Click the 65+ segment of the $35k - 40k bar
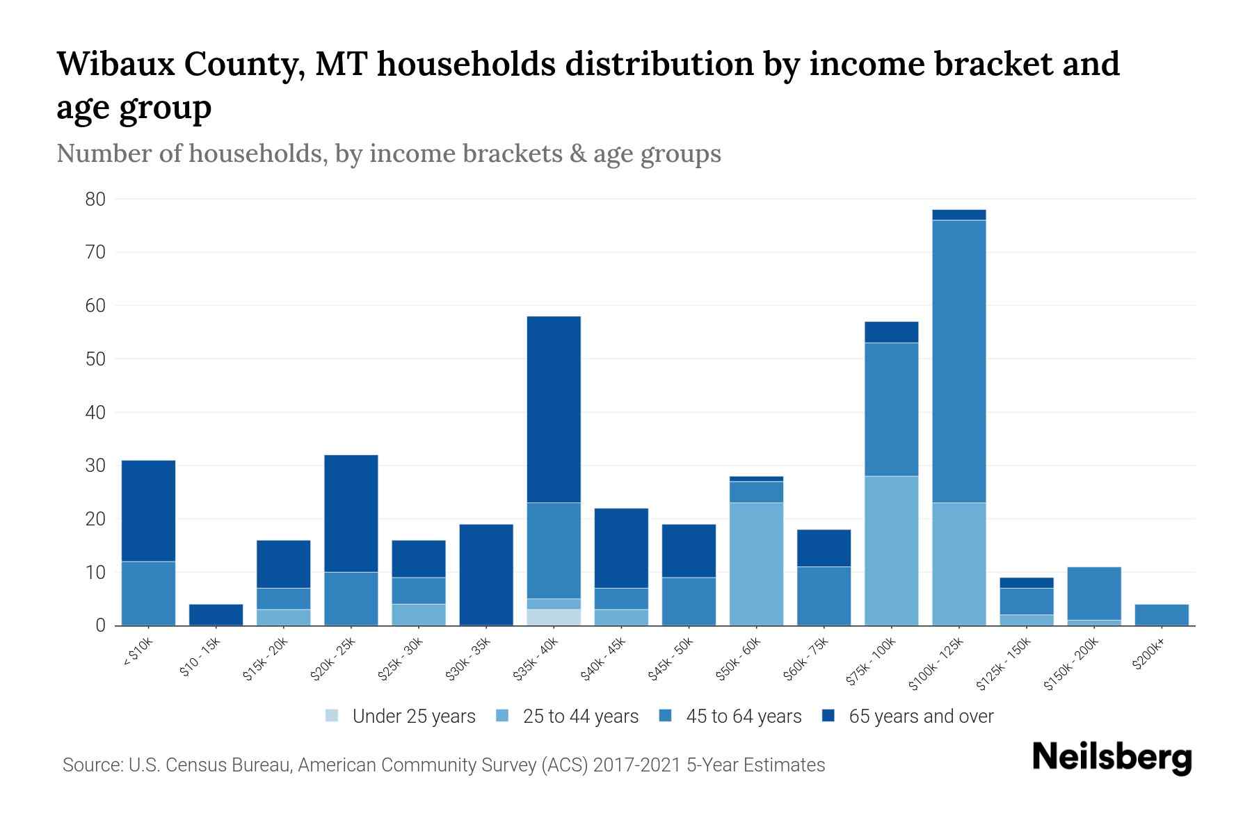[x=554, y=409]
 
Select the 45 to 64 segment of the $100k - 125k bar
[x=958, y=361]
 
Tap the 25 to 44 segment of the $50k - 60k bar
[x=756, y=564]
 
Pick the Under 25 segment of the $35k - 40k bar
[x=554, y=617]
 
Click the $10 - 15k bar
[x=216, y=615]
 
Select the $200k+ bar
[x=1161, y=615]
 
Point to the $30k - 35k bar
[x=486, y=575]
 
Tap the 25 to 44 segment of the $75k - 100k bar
[x=891, y=550]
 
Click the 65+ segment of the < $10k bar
[x=148, y=511]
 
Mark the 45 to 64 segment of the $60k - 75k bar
[x=824, y=596]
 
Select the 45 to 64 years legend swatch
[x=666, y=716]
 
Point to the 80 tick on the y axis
[x=95, y=199]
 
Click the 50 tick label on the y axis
[x=95, y=359]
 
